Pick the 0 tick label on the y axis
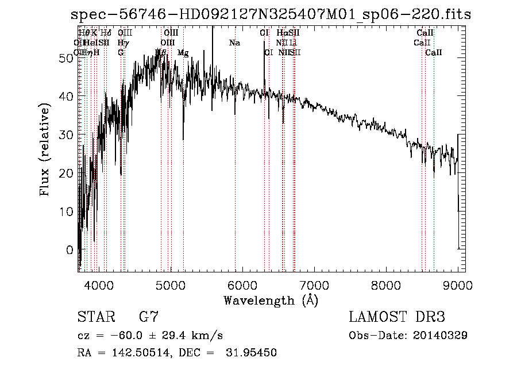point(70,250)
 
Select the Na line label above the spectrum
point(234,43)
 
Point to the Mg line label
point(183,53)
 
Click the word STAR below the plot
point(95,317)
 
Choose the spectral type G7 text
point(149,317)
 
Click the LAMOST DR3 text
point(396,317)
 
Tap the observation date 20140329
point(441,336)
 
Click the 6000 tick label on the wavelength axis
point(242,284)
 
